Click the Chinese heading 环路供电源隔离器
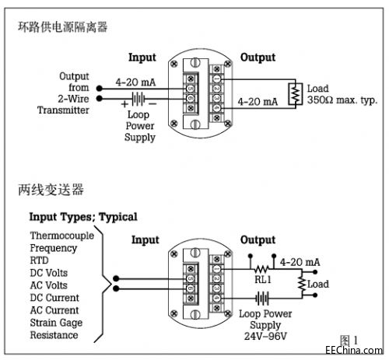(x=62, y=27)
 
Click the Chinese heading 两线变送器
(x=51, y=190)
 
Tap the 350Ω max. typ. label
(x=342, y=100)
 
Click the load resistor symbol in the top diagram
(x=296, y=94)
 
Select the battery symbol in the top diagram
(x=138, y=99)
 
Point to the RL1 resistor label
(x=263, y=279)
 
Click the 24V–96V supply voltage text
(x=265, y=336)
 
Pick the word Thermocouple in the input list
(x=62, y=236)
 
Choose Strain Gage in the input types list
(x=56, y=323)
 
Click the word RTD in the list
(x=39, y=260)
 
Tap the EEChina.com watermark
(x=354, y=350)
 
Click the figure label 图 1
(x=349, y=340)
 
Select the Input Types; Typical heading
(x=83, y=217)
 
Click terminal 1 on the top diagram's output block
(x=216, y=79)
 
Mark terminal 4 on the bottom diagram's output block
(x=216, y=299)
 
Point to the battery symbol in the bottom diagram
(x=262, y=299)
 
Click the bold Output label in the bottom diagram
(x=258, y=240)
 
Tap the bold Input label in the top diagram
(x=142, y=58)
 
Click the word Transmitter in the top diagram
(x=63, y=110)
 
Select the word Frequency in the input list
(x=54, y=248)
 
